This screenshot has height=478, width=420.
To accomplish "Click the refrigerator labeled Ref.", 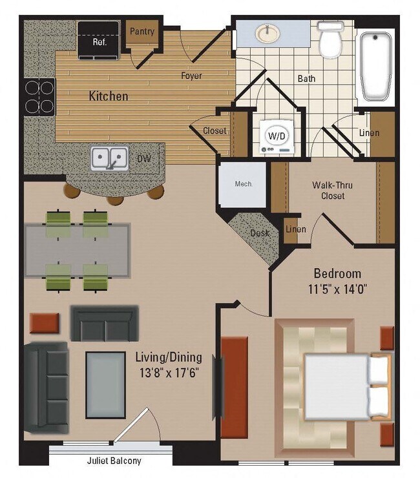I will click(98, 38).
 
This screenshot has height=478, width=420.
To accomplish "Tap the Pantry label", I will click(142, 31).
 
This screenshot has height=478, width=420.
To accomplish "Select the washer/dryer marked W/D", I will click(275, 137).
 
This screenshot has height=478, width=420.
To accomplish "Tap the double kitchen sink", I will click(108, 157).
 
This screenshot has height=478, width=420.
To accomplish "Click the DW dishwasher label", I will click(143, 158).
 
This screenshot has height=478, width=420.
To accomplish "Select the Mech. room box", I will click(243, 184).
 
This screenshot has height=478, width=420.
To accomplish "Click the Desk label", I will click(260, 233).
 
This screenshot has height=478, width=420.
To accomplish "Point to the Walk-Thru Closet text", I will click(332, 191).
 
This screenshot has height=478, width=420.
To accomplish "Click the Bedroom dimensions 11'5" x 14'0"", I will click(337, 289).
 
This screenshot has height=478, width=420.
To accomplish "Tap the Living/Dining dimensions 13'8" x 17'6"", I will click(169, 373).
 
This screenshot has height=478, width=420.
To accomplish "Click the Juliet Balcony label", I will click(114, 461).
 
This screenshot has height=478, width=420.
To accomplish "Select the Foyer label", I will click(191, 76).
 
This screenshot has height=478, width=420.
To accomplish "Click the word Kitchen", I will click(108, 96).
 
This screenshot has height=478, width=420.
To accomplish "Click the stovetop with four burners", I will click(39, 96).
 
